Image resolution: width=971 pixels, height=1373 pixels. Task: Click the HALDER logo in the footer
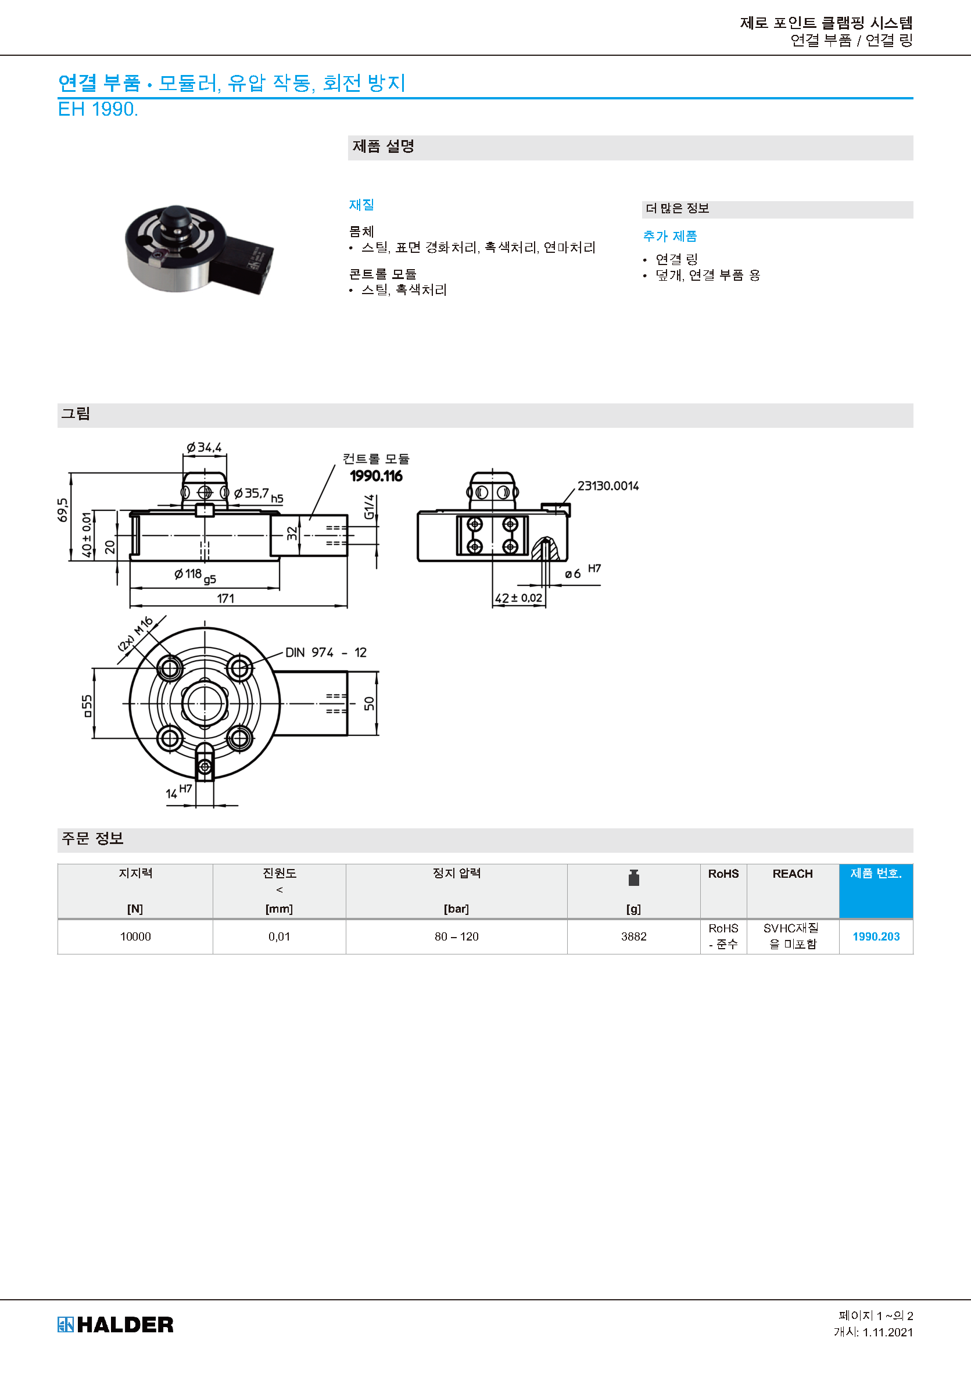[x=116, y=1325]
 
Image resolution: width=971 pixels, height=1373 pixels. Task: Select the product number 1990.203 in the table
[x=876, y=936]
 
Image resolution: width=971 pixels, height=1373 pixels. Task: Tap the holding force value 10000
[x=136, y=936]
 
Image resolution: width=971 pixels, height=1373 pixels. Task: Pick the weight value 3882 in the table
[x=634, y=936]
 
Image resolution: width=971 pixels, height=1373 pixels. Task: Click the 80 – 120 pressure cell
[x=456, y=936]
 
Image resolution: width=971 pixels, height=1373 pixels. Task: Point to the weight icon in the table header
[x=634, y=878]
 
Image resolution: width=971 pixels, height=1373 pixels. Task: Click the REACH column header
[x=792, y=874]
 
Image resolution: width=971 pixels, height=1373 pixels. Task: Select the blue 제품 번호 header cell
[x=876, y=891]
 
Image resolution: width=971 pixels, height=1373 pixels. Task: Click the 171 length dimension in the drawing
[x=225, y=598]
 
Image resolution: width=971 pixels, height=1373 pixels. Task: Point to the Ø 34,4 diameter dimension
[x=204, y=448]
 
